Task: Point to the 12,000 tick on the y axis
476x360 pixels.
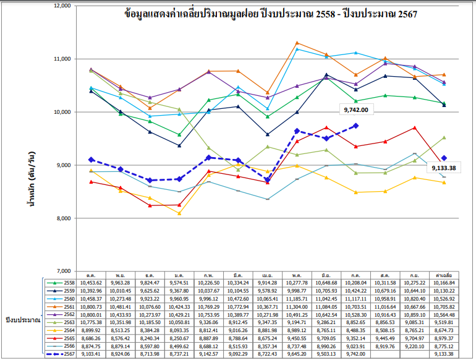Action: coord(60,6)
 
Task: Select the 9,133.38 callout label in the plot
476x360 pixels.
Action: coord(443,168)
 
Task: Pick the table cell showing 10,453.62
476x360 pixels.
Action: coord(90,282)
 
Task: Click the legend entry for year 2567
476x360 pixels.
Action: coord(57,354)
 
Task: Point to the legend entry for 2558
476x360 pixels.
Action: coord(57,282)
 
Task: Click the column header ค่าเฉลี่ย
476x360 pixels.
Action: coord(447,275)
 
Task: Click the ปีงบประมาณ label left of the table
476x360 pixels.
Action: coord(22,321)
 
